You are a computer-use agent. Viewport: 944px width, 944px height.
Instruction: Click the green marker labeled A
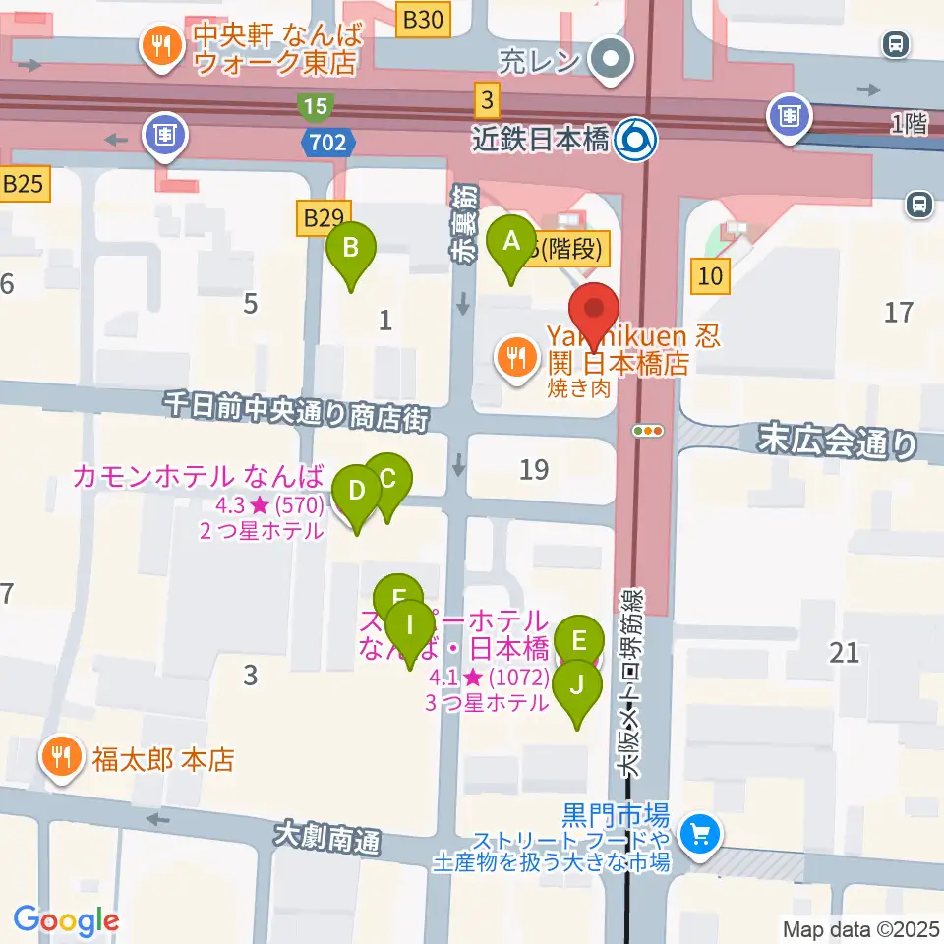coord(511,241)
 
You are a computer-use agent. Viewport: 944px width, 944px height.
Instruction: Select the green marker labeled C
coord(387,480)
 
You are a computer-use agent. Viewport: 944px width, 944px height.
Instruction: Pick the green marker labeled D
coord(357,490)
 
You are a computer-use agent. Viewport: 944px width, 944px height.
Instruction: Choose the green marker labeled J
coord(577,683)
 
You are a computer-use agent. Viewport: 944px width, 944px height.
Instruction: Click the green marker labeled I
coord(411,624)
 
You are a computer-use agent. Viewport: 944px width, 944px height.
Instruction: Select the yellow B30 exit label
coord(424,18)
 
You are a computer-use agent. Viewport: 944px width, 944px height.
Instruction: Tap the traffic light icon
coord(649,430)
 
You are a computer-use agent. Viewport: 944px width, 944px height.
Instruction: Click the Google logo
coord(67,920)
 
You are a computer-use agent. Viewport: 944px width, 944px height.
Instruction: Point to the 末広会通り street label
coord(837,442)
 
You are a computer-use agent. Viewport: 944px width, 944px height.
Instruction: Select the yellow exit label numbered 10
coord(711,276)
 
